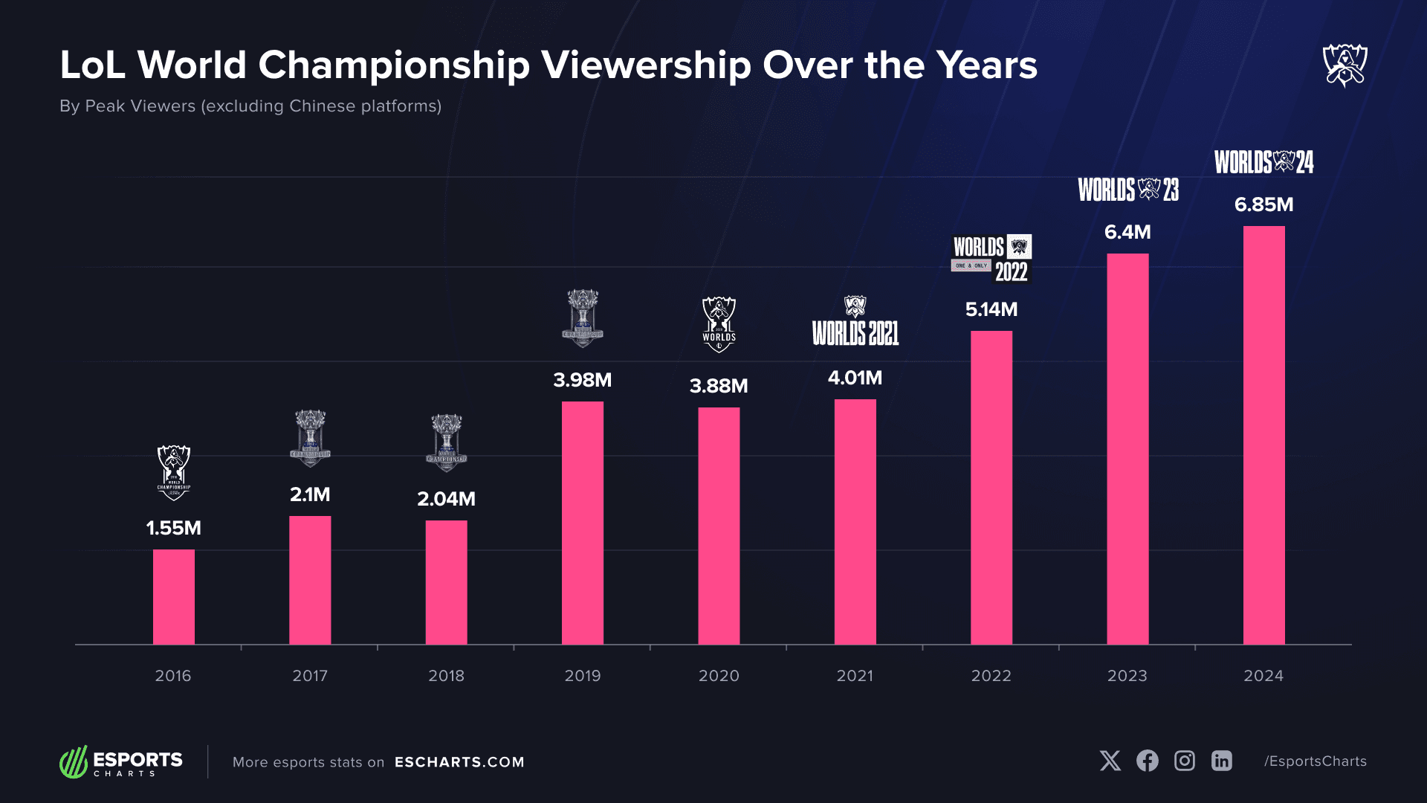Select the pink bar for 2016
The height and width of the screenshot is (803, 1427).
(x=173, y=596)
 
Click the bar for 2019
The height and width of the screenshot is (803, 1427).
(x=582, y=523)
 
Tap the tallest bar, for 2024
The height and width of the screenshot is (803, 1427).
(x=1263, y=435)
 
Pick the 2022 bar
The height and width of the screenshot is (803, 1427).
(x=991, y=487)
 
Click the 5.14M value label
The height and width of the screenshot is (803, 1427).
(x=991, y=309)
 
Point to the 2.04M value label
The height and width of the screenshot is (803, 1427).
(x=446, y=499)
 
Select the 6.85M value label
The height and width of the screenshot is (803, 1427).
(x=1263, y=204)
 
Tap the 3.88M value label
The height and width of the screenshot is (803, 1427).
(x=719, y=386)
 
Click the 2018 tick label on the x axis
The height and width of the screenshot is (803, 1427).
(x=446, y=676)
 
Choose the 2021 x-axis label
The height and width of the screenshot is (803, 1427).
(x=855, y=676)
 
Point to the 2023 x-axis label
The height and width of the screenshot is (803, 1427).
(x=1127, y=676)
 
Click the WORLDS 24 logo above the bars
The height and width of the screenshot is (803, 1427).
(x=1263, y=162)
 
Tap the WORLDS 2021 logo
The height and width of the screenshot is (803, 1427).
(x=855, y=323)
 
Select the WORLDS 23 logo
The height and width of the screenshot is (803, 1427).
(x=1128, y=190)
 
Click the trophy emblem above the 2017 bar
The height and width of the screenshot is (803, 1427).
(x=310, y=437)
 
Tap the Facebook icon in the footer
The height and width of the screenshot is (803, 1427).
(x=1147, y=761)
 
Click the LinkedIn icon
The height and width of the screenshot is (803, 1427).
(x=1221, y=761)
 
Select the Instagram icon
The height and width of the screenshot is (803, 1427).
(x=1184, y=761)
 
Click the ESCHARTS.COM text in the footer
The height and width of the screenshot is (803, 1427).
(x=459, y=762)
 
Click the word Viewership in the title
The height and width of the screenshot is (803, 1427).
(x=646, y=65)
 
